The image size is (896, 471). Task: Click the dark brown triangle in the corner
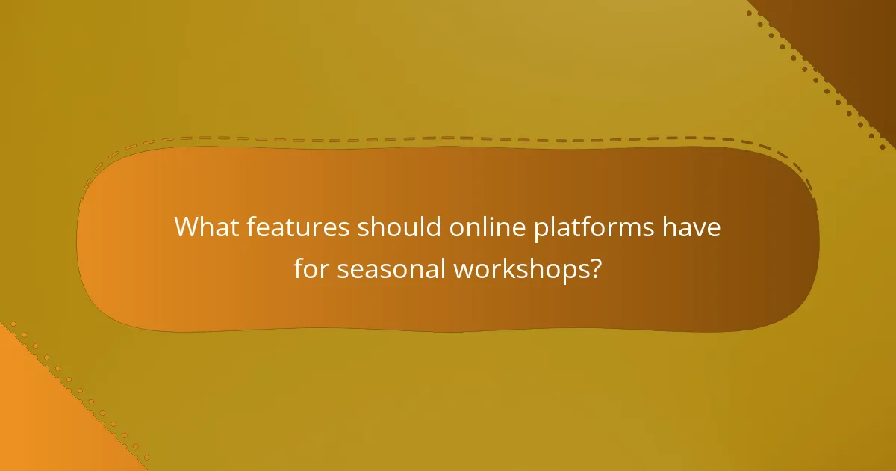click(851, 37)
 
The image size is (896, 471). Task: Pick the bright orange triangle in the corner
click(37, 419)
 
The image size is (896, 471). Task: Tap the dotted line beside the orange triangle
click(75, 389)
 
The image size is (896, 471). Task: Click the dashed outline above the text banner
click(448, 138)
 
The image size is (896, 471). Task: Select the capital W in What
click(187, 227)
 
